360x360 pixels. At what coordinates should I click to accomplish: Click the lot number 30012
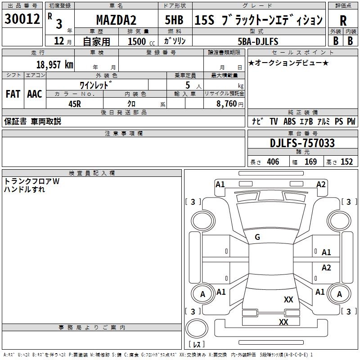point(22,19)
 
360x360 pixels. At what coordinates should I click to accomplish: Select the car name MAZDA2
point(116,20)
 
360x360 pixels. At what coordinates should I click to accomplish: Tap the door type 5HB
point(174,20)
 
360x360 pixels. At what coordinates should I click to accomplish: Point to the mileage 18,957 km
point(55,64)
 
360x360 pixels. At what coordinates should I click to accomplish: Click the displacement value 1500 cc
point(141,41)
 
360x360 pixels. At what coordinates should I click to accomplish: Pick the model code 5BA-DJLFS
point(258,41)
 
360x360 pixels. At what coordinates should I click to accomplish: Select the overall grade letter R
point(343,21)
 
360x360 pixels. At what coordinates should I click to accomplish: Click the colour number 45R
point(75,104)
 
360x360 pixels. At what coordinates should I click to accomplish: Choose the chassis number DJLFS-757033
point(302,143)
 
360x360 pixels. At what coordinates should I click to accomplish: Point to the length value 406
point(273,162)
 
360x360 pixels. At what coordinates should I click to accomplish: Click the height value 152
point(346,162)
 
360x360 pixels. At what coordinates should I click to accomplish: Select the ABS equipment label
point(289,121)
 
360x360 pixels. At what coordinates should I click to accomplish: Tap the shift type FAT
point(13,94)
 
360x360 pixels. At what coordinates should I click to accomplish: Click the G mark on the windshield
point(257,237)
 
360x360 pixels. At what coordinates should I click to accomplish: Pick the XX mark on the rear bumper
point(283,322)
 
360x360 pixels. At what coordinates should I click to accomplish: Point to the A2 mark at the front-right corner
point(321,184)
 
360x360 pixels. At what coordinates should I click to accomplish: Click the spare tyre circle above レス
point(197,328)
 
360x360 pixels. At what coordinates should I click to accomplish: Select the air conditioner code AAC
point(35,94)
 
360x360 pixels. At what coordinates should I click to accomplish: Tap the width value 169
point(310,162)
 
